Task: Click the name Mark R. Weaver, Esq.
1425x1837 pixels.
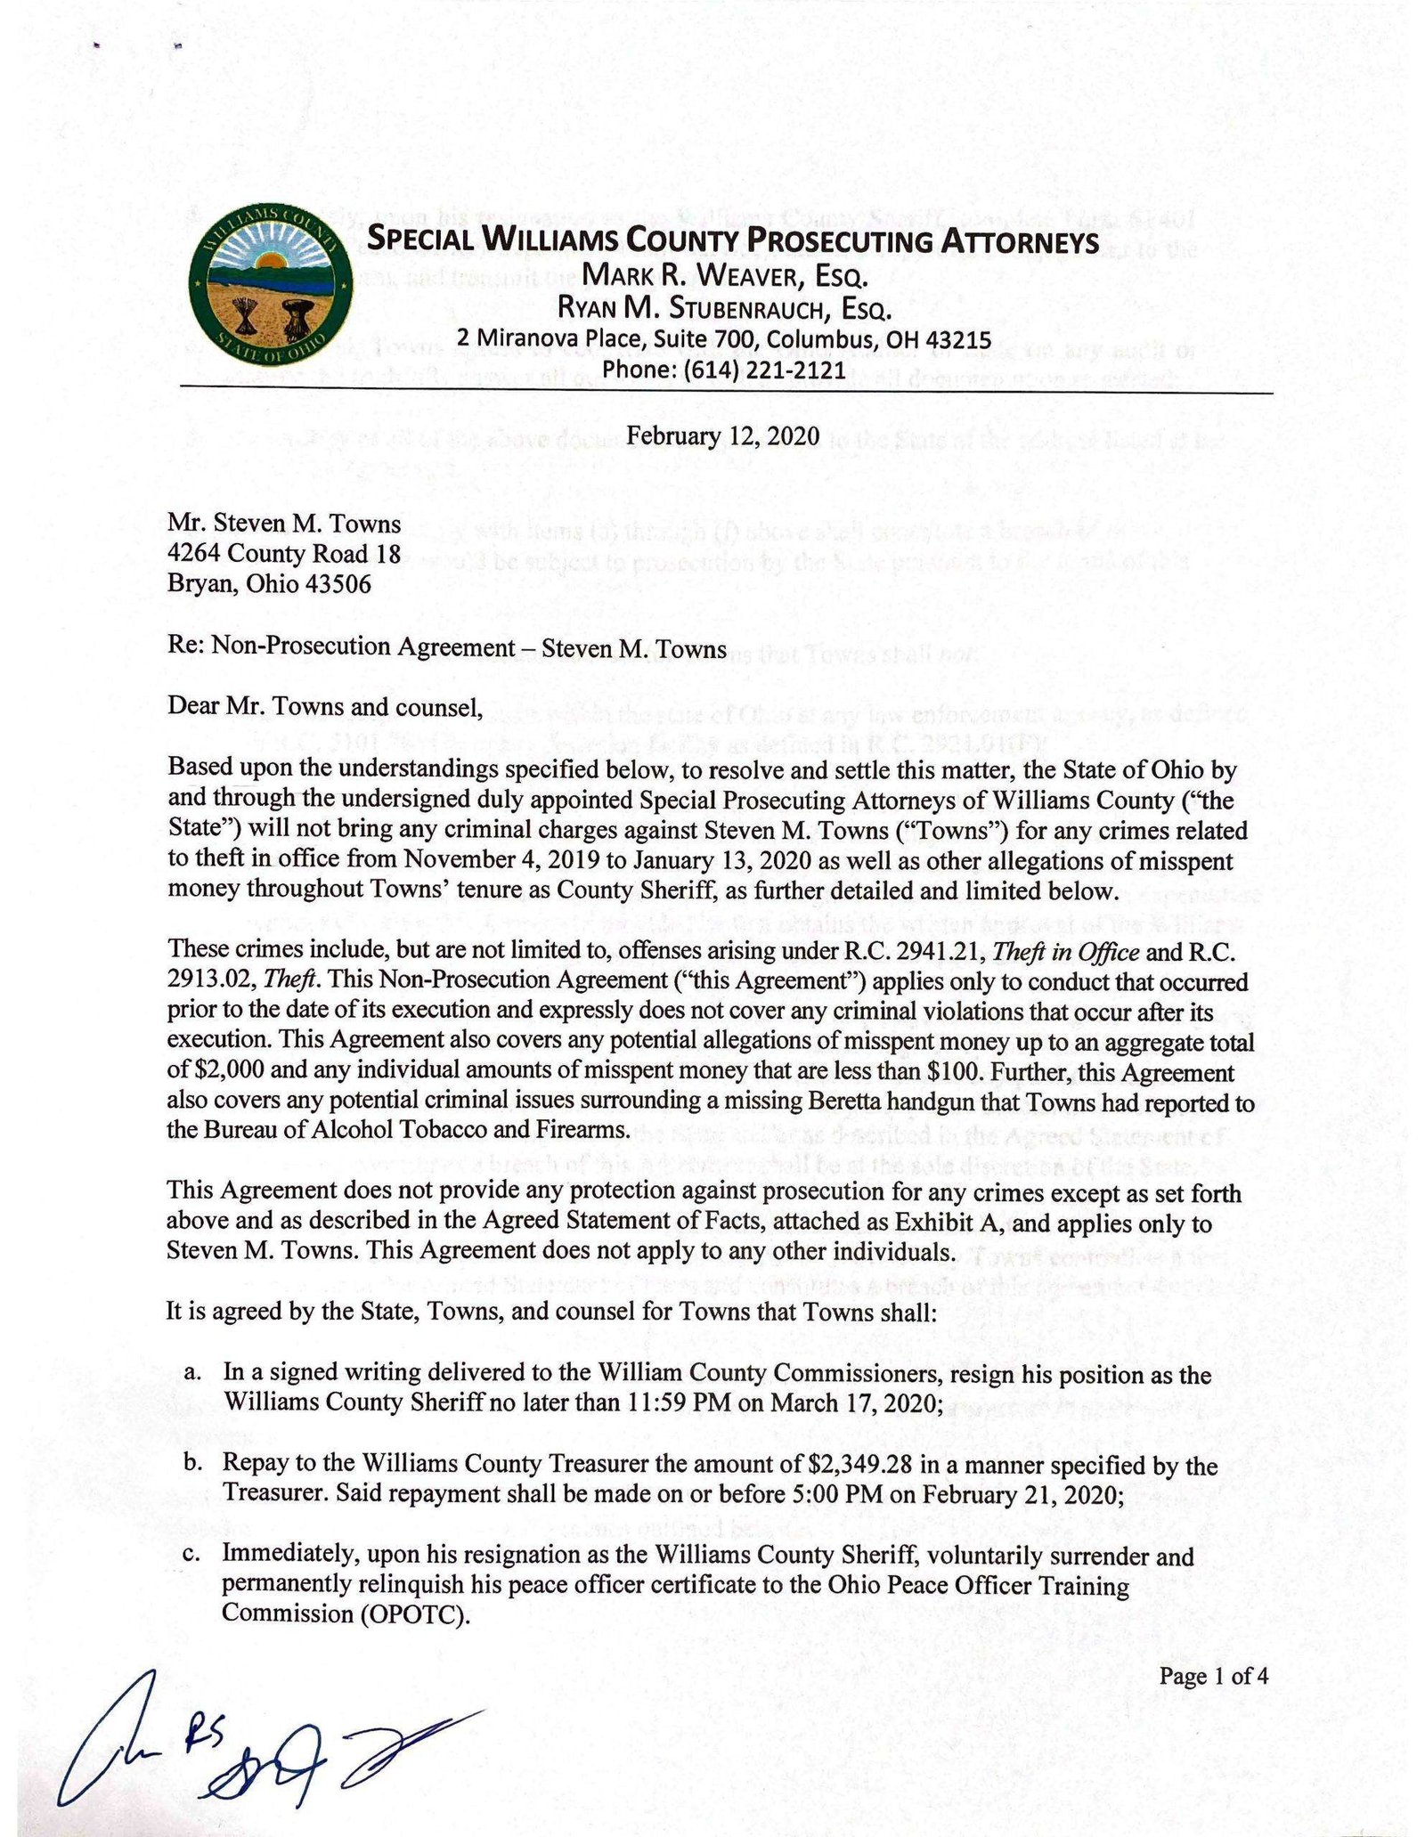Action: tap(725, 277)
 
